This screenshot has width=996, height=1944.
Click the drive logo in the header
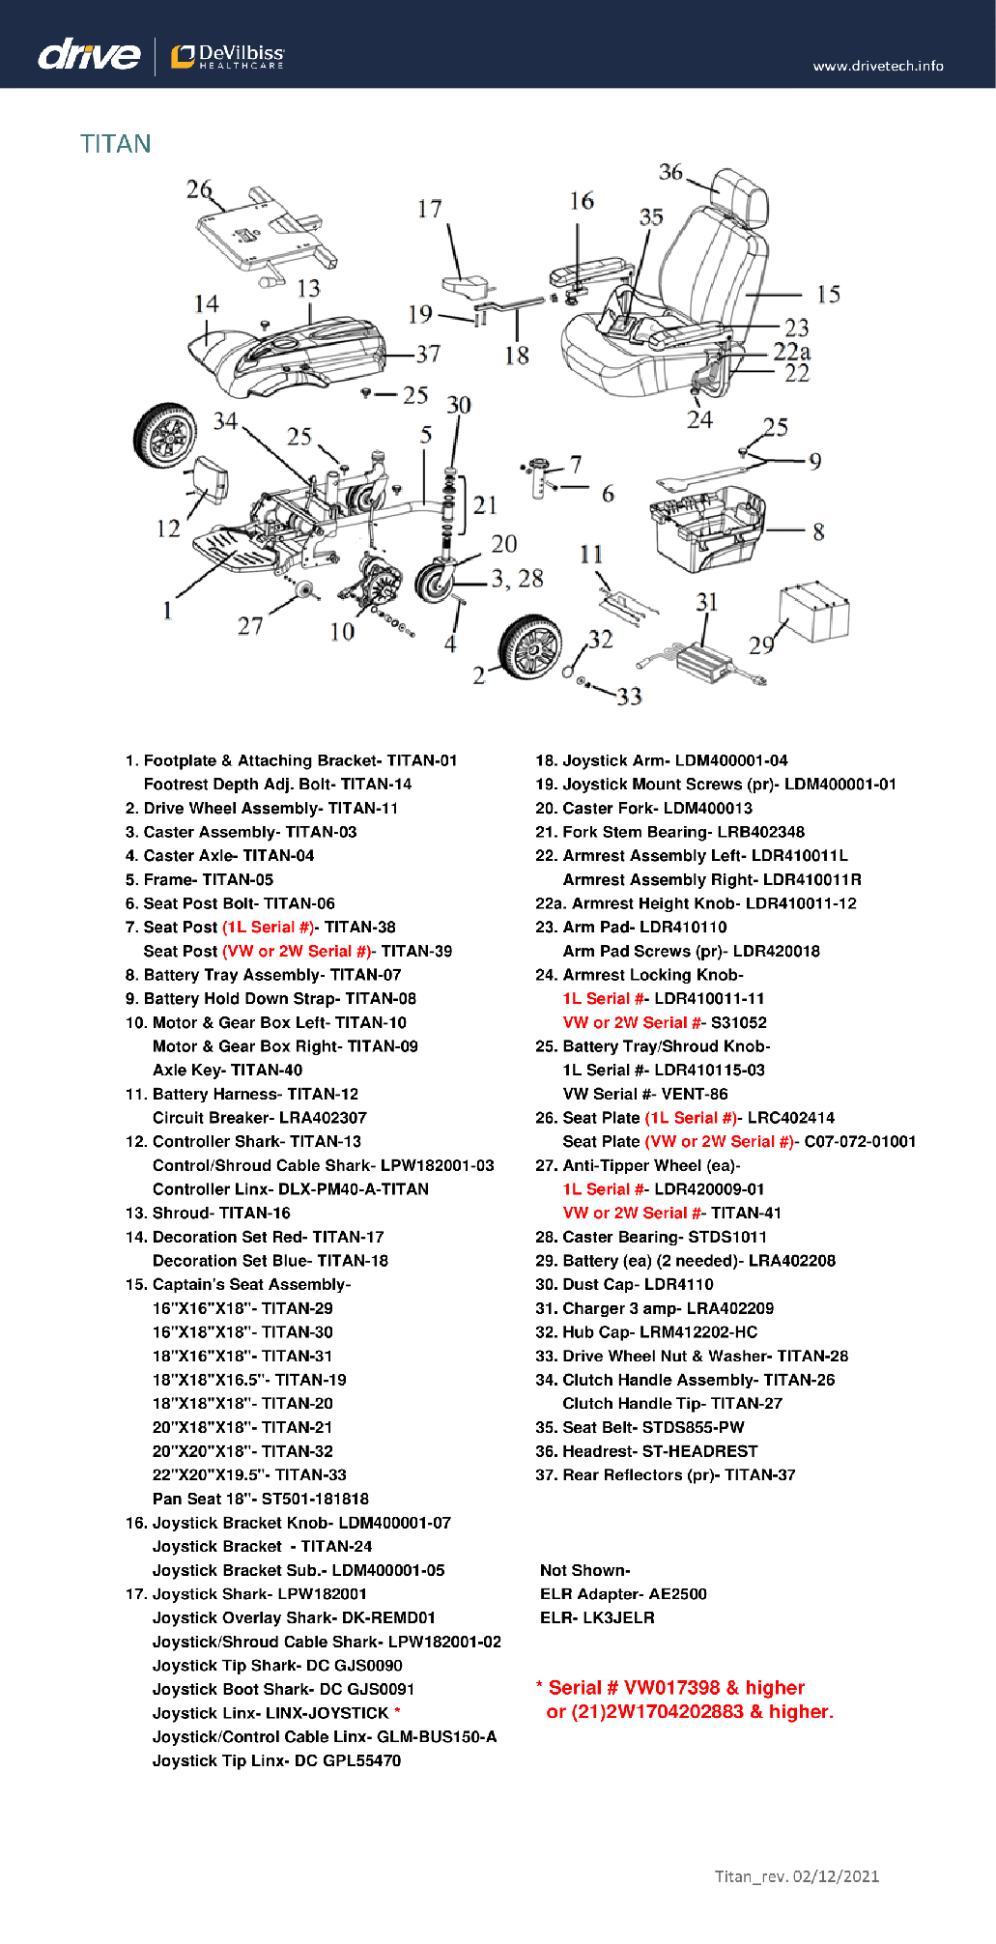[x=89, y=54]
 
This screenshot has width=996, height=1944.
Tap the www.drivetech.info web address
[x=878, y=66]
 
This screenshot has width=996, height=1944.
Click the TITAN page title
[x=116, y=144]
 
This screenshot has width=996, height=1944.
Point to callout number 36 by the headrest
[x=670, y=172]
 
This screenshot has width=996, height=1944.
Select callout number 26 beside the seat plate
[x=199, y=189]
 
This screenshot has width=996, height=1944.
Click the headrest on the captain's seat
[x=739, y=196]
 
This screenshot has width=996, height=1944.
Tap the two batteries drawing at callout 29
[x=814, y=612]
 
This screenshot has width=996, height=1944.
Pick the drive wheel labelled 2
[x=530, y=646]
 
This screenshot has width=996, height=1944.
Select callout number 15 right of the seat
[x=828, y=295]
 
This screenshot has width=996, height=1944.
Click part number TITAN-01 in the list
[x=422, y=760]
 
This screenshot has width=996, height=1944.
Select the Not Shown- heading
[x=585, y=1571]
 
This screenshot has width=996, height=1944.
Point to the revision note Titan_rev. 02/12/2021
[x=797, y=1876]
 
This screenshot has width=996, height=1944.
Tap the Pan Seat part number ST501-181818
[x=315, y=1500]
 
